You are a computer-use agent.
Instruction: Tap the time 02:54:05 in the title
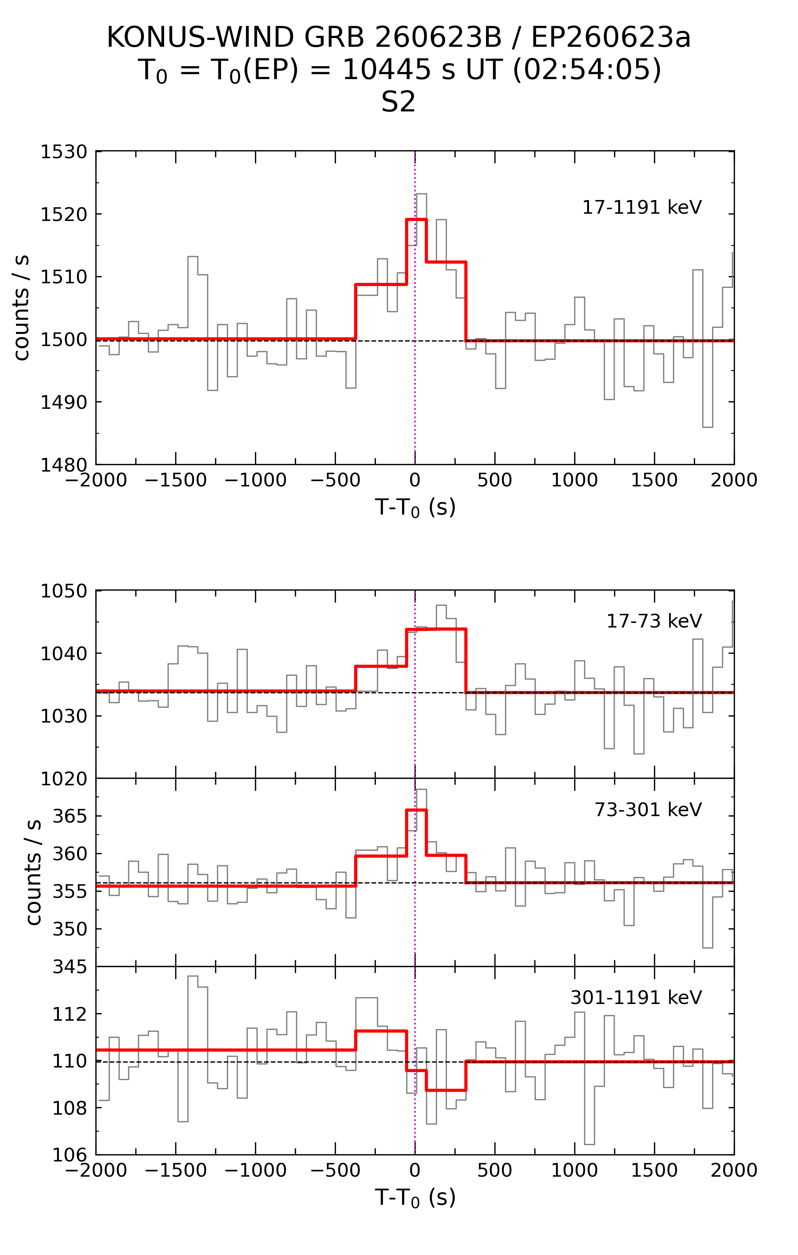coord(587,70)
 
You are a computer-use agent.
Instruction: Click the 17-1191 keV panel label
coord(642,207)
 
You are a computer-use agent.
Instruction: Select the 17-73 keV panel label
coord(654,621)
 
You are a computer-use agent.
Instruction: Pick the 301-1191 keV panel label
coord(636,998)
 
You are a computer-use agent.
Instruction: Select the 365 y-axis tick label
coord(70,816)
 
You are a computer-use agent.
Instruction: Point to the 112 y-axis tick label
coord(70,1014)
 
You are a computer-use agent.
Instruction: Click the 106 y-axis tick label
coord(70,1155)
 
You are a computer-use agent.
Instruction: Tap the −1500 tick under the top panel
coord(176,480)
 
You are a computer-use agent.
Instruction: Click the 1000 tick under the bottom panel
coord(575,1170)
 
